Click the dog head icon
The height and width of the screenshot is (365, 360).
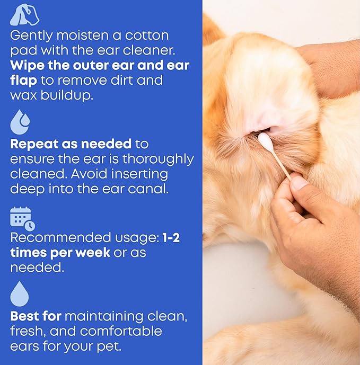[24, 15]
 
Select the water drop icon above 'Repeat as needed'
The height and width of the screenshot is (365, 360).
[20, 122]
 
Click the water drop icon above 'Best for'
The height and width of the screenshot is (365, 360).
[20, 294]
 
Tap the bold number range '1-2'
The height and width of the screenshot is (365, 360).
[170, 238]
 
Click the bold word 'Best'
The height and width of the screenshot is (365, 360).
[25, 317]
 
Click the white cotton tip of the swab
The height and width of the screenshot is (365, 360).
[265, 141]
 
